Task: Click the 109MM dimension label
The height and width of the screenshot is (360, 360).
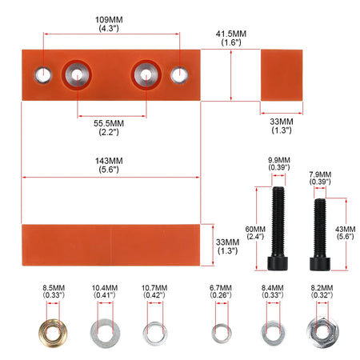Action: pyautogui.click(x=109, y=24)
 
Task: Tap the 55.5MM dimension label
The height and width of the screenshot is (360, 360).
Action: pyautogui.click(x=109, y=127)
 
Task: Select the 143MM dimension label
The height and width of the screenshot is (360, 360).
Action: pyautogui.click(x=109, y=165)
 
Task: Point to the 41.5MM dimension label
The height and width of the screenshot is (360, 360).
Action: pyautogui.click(x=231, y=38)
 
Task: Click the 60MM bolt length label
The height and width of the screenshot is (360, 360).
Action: pyautogui.click(x=255, y=233)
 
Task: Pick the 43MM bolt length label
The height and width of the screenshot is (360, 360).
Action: pyautogui.click(x=345, y=233)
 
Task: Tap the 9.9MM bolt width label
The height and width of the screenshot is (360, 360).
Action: pyautogui.click(x=279, y=163)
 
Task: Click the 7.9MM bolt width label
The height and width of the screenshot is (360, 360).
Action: pyautogui.click(x=320, y=178)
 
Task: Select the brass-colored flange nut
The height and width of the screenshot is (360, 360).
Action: pyautogui.click(x=53, y=333)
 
